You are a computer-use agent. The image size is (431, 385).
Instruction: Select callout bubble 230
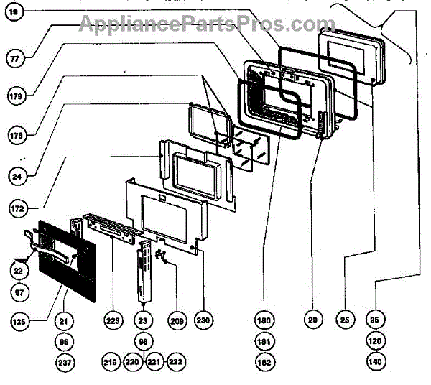tap(205, 321)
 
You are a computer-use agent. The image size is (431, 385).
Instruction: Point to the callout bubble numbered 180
tap(265, 321)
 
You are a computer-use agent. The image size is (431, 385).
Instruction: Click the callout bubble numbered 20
tap(312, 321)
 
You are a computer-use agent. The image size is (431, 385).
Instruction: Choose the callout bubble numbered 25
tap(346, 321)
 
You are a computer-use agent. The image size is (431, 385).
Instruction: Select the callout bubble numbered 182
tap(265, 363)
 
